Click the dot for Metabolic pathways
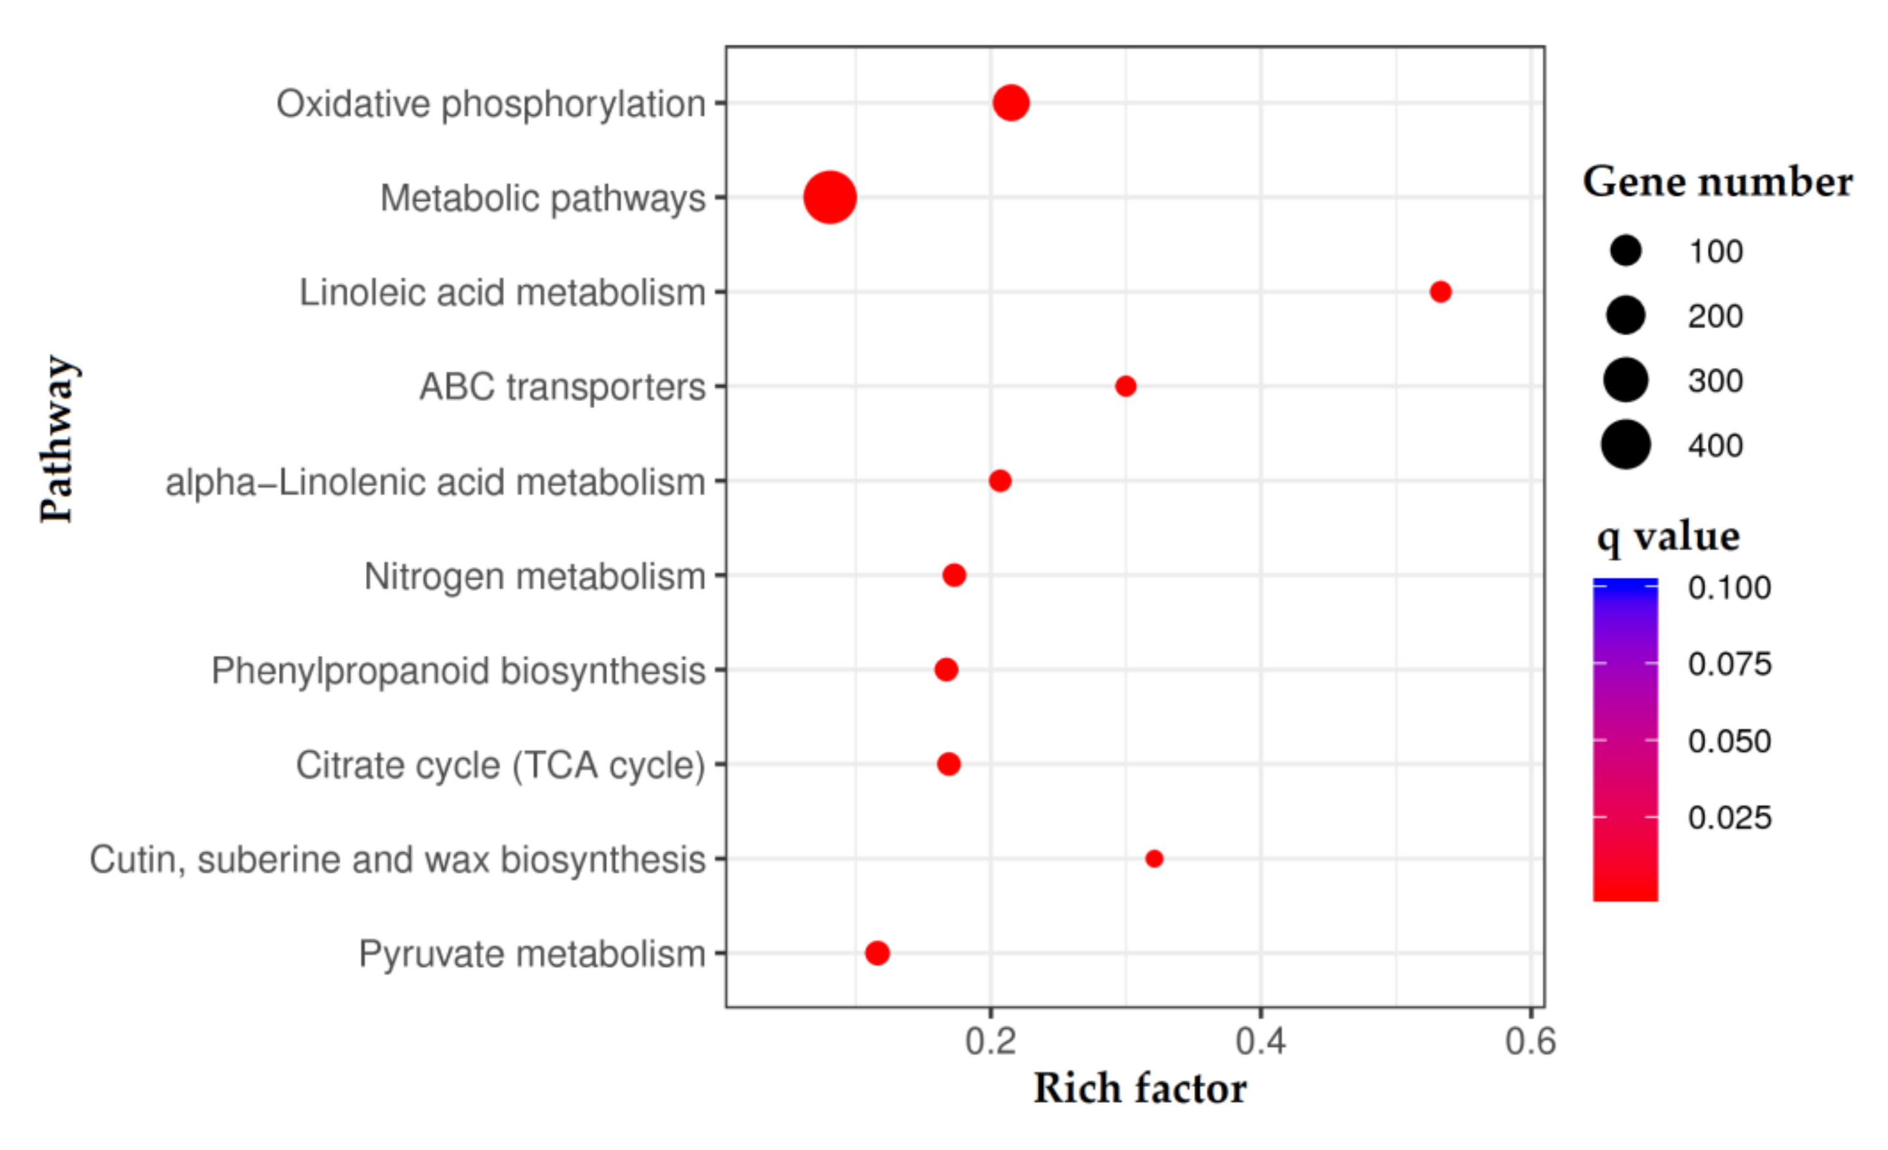coord(829,197)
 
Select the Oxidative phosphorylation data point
coord(1010,103)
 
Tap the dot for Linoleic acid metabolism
coord(1440,291)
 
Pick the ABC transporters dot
coord(1125,386)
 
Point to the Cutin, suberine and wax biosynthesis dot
coord(1153,859)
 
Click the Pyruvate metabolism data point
coord(877,953)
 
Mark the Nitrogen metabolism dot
coord(953,575)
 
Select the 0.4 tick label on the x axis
coord(1261,1042)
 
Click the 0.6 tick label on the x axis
coord(1530,1042)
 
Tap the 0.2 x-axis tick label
coord(990,1042)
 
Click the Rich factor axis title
coord(1139,1089)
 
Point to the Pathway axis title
coord(57,439)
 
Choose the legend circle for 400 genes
coord(1625,445)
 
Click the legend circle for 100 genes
coord(1625,251)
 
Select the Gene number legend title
coord(1717,183)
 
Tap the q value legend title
coord(1668,537)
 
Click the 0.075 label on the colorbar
coord(1730,664)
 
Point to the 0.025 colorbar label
coord(1730,818)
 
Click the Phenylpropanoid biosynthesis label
coord(458,670)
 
